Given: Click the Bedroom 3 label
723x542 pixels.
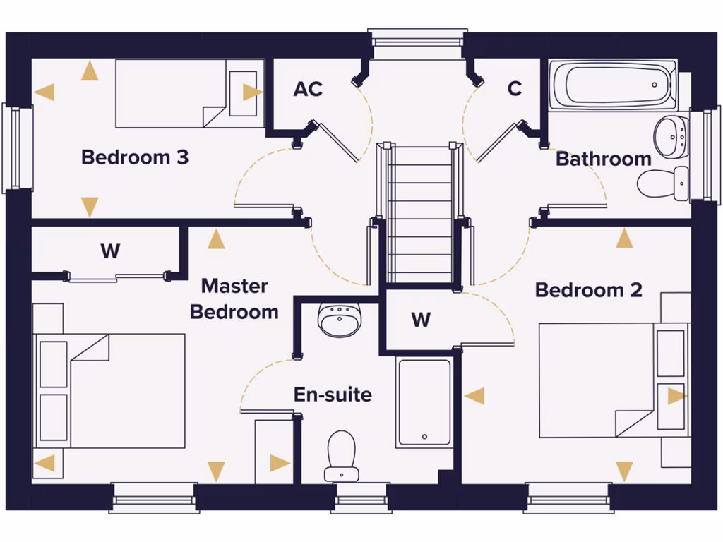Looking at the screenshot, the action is pos(135,157).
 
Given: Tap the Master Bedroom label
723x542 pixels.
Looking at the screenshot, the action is pos(234,299).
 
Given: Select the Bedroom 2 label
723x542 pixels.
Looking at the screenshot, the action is pos(588,290).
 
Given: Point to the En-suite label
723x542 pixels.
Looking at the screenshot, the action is pos(333,395).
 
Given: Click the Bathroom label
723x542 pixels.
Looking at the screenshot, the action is pos(604,159).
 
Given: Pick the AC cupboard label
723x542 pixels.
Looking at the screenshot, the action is pos(308,89).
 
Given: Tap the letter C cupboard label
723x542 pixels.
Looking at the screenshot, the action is pos(515,88).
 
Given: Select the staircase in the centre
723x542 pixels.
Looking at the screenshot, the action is pos(420,214).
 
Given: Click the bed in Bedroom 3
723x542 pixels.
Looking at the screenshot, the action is pos(190,94).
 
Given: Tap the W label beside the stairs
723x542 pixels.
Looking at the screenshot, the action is pos(421,320).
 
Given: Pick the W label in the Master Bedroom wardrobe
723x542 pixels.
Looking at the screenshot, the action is pos(110,251).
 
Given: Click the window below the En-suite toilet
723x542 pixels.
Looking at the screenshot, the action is pos(363,498).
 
